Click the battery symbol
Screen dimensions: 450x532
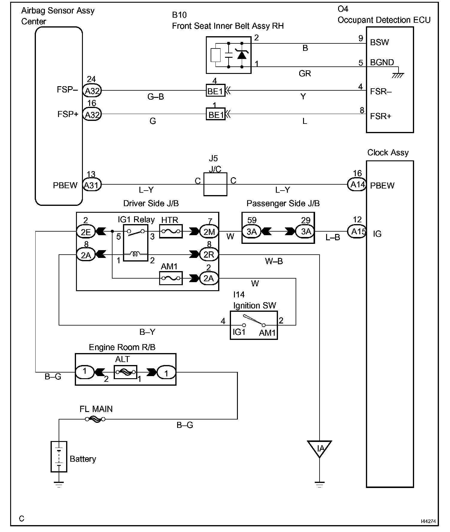(x=59, y=456)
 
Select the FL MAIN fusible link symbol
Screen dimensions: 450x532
(x=95, y=419)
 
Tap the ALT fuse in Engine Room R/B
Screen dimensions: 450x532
(x=126, y=372)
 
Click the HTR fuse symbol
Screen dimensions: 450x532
(x=171, y=231)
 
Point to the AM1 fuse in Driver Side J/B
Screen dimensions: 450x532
(x=171, y=278)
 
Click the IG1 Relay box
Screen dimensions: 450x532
(x=136, y=243)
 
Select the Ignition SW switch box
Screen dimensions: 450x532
(x=254, y=325)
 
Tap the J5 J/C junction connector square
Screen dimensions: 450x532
(x=215, y=184)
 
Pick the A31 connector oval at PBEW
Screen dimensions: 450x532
(x=92, y=185)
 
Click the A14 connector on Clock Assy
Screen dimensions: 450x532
(x=357, y=184)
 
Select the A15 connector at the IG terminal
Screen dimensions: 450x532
(x=357, y=231)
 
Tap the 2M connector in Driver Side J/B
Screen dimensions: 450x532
(x=209, y=231)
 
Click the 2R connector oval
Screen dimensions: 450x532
(x=209, y=255)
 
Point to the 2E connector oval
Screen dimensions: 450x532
(x=86, y=231)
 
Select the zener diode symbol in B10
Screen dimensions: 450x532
(x=241, y=54)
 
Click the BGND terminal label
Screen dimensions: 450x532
(x=382, y=63)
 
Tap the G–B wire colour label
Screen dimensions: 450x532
(x=156, y=97)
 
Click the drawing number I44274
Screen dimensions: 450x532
(x=428, y=521)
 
